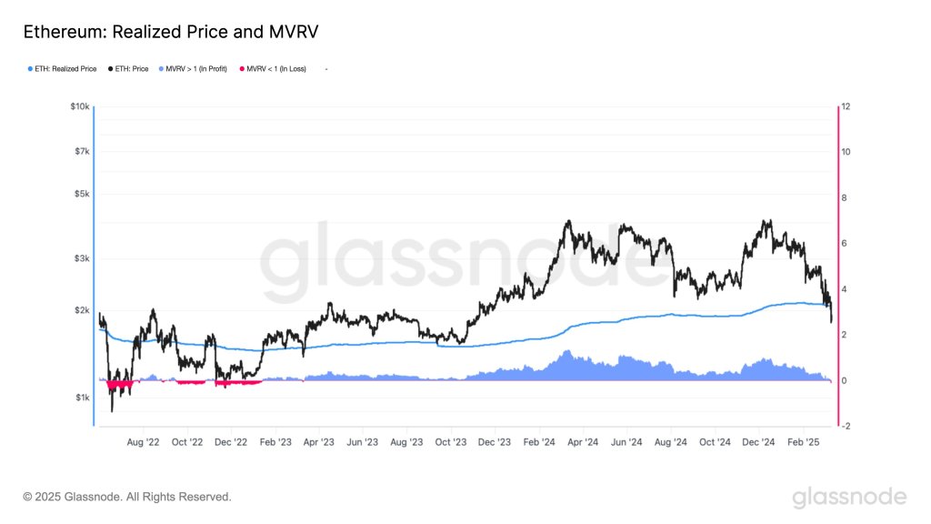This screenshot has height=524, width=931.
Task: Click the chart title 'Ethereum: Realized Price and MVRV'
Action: pyautogui.click(x=170, y=32)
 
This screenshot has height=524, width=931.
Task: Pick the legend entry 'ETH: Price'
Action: pyautogui.click(x=128, y=68)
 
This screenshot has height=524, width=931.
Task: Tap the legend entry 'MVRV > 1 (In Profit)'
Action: pyautogui.click(x=195, y=68)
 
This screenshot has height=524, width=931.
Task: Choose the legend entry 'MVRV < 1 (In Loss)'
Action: pyautogui.click(x=276, y=68)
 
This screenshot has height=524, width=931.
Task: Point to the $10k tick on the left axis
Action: pyautogui.click(x=80, y=107)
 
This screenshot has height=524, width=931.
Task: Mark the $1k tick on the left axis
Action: pyautogui.click(x=82, y=398)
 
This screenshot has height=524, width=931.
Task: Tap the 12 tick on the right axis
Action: pyautogui.click(x=846, y=107)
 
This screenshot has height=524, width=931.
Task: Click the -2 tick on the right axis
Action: pyautogui.click(x=846, y=426)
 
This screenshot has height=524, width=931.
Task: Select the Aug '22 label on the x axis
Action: pyautogui.click(x=143, y=442)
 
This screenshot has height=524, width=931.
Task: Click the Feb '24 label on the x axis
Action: pyautogui.click(x=539, y=442)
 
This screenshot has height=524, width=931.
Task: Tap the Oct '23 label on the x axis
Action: pyautogui.click(x=451, y=442)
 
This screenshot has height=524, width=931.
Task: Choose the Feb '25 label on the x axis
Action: pyautogui.click(x=804, y=442)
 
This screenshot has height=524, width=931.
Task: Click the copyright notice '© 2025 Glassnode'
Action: pyautogui.click(x=127, y=497)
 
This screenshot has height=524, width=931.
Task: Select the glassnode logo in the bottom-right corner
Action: pyautogui.click(x=849, y=497)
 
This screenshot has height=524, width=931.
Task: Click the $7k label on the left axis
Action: pyautogui.click(x=82, y=151)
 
